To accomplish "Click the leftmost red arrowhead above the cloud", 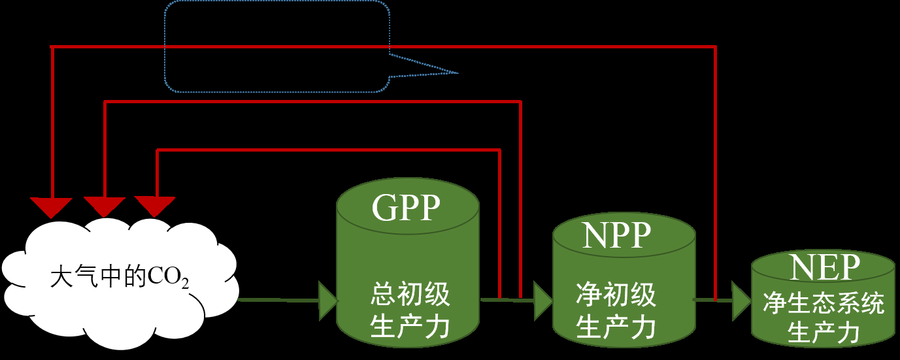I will (52, 206).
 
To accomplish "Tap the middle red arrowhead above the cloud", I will (105, 206).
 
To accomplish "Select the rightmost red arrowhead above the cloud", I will (156, 206).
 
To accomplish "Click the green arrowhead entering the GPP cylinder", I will (327, 301).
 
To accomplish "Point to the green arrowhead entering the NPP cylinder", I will (542, 300).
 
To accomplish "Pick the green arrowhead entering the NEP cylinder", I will (741, 301).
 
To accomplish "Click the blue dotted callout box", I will (277, 46).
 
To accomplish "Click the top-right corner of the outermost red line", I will (716, 47).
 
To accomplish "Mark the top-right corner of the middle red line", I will (520, 102).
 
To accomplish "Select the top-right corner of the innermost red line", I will (500, 150).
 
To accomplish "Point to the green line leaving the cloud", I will (278, 301).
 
